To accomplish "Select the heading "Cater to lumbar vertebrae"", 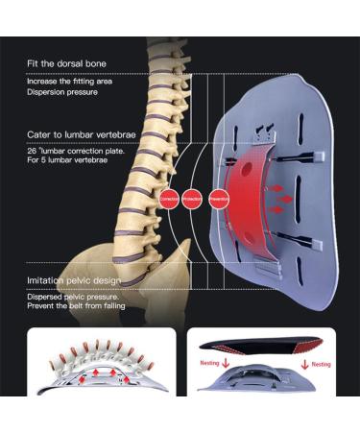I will click(77, 136).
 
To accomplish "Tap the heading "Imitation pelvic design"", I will click(74, 279).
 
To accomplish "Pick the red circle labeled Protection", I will click(194, 198).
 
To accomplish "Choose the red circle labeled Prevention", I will click(220, 198).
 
